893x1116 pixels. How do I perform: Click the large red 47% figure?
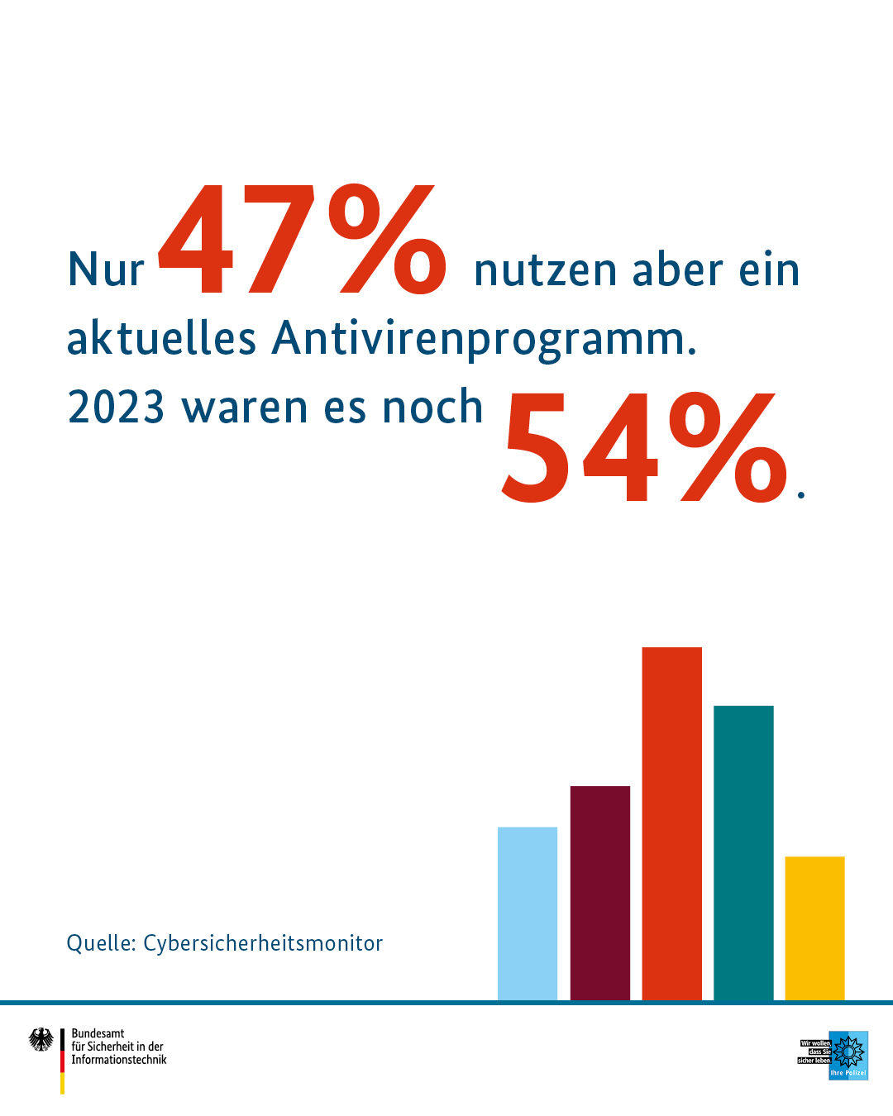[303, 240]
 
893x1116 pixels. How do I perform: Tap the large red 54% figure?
[645, 448]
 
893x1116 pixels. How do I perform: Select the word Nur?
[106, 270]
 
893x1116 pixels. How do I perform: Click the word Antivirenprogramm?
[485, 339]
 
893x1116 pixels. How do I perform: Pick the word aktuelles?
[161, 339]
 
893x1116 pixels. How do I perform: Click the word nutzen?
[546, 271]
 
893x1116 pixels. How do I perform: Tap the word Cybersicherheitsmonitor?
[263, 943]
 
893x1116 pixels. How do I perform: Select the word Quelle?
[101, 943]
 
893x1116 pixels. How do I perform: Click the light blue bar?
[528, 913]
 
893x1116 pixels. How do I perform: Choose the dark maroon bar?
[600, 893]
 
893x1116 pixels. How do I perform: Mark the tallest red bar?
[672, 823]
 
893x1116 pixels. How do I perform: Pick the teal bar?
[743, 852]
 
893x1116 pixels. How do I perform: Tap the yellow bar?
[814, 928]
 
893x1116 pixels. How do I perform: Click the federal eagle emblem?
[41, 1039]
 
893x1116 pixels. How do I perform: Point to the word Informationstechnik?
[119, 1060]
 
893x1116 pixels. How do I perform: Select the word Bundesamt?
[98, 1033]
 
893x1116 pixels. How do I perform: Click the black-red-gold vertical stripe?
[62, 1061]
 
